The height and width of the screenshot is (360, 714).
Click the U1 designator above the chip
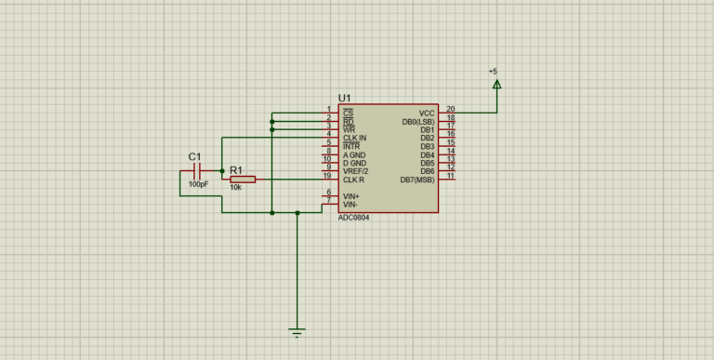click(344, 98)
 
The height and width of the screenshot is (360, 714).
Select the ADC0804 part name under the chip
click(353, 218)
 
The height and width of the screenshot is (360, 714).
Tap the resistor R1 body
click(242, 180)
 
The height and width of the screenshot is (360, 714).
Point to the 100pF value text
click(198, 185)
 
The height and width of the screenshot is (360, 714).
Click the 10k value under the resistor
click(235, 188)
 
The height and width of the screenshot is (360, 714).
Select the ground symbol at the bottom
click(297, 331)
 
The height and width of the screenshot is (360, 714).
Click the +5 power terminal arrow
click(496, 85)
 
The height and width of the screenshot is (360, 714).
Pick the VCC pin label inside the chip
click(427, 113)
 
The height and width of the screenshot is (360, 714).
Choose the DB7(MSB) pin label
click(417, 180)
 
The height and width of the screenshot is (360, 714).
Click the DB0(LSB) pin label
click(418, 121)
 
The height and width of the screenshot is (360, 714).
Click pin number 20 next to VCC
click(450, 109)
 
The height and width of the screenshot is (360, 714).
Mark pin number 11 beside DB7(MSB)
click(450, 176)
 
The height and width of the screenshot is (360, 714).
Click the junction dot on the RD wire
click(271, 121)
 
